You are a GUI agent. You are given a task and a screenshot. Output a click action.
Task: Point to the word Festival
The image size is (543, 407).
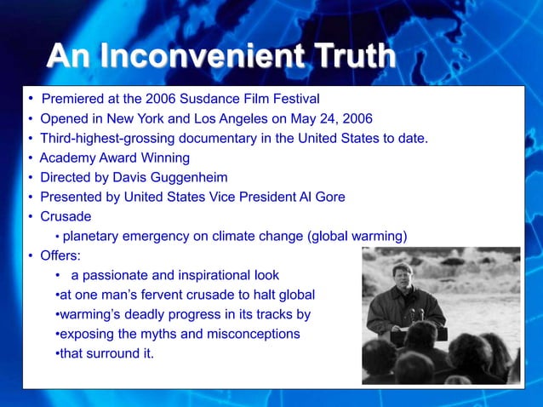(293, 98)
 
